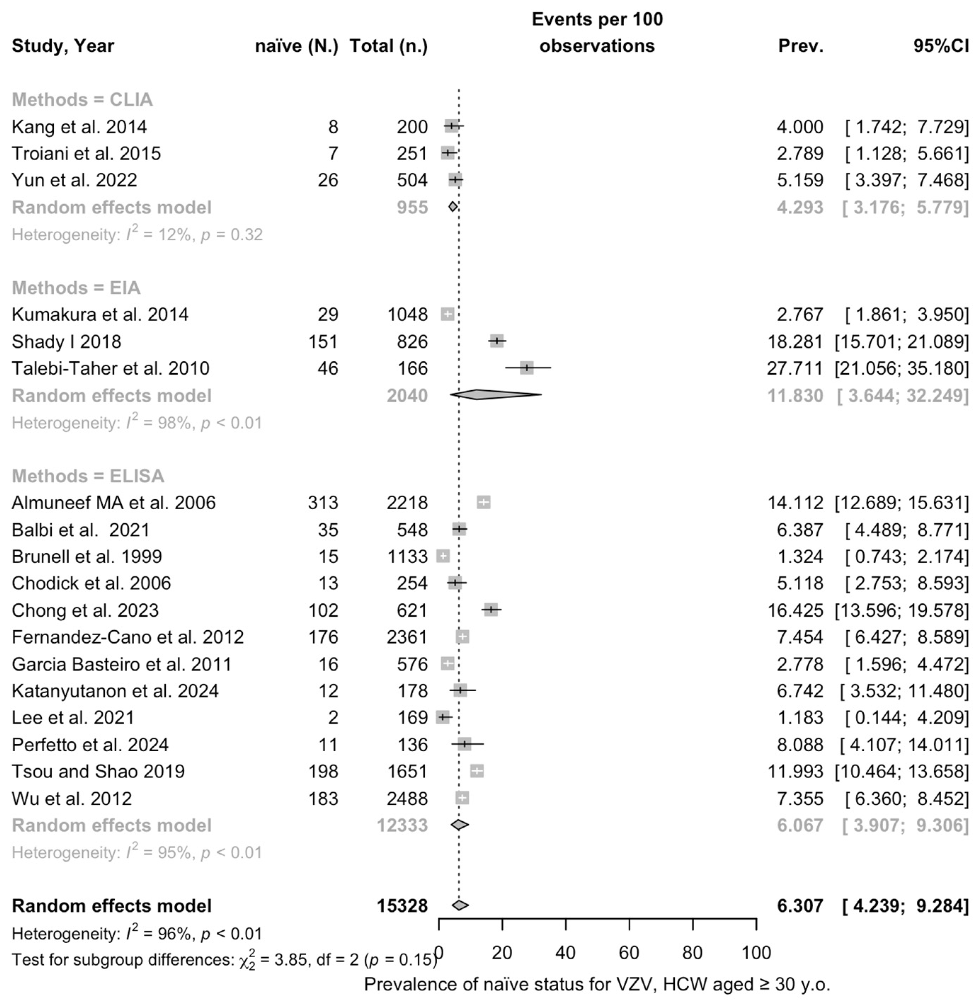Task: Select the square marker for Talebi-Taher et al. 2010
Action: coord(526,368)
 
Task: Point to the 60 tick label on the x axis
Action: coord(629,953)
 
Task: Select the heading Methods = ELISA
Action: coord(88,476)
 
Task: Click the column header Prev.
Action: coord(800,46)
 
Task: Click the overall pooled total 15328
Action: coord(402,906)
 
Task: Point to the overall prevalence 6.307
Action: coord(800,906)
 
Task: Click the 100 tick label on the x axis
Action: coord(756,953)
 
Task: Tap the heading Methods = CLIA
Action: coord(82,99)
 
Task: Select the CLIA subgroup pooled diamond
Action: coord(453,207)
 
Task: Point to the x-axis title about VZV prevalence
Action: coord(597,984)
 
